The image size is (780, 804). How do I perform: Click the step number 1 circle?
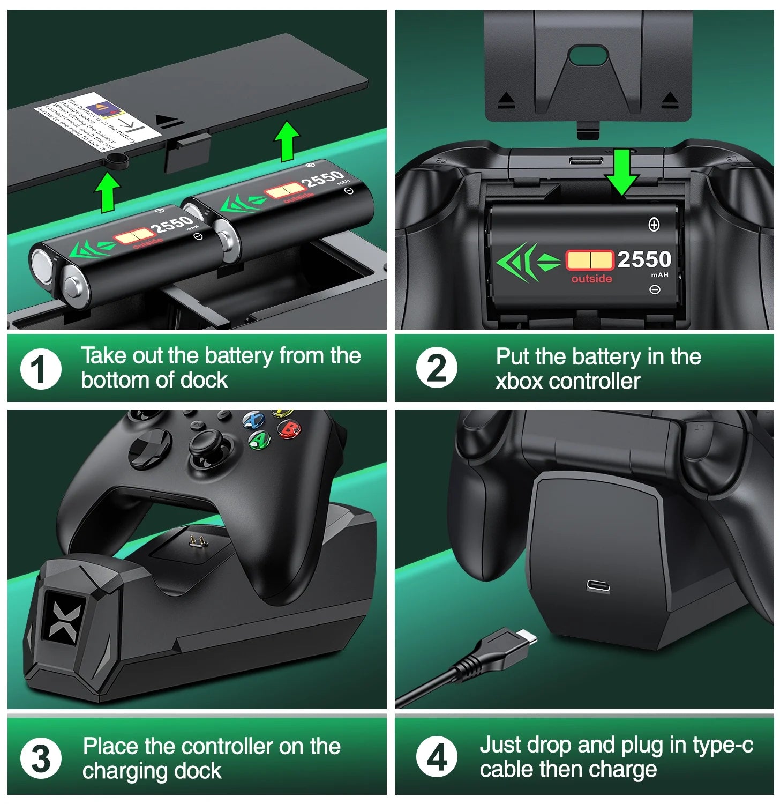tap(41, 369)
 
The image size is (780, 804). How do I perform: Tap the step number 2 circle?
tap(437, 369)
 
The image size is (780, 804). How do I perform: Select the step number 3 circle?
tap(41, 758)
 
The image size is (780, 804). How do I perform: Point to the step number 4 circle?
tap(437, 758)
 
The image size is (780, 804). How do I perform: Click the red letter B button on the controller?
tap(289, 429)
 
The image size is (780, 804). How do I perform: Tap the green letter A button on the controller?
tap(260, 440)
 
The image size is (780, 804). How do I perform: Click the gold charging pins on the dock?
tap(198, 542)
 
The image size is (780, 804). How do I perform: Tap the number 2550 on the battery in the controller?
tap(644, 259)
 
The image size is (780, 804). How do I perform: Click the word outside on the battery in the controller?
tap(591, 279)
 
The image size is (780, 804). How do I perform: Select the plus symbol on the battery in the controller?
tap(654, 225)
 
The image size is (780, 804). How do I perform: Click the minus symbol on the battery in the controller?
tap(654, 289)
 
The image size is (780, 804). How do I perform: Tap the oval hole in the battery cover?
tap(587, 55)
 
